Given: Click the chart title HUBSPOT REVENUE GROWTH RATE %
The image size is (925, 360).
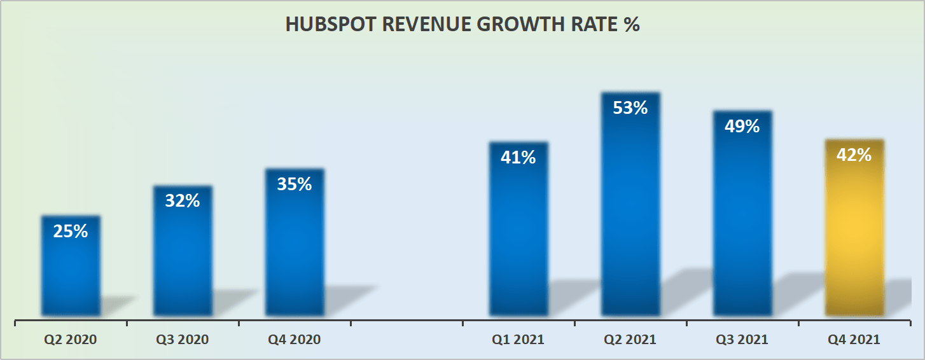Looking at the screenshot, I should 462,24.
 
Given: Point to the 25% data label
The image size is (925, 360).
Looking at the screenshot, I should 71,232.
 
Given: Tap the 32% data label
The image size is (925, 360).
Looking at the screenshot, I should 183,201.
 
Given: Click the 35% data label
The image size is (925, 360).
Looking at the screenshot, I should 295,184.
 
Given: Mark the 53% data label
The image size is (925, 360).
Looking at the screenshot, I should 630,108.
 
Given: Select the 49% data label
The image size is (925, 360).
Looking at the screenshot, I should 742,127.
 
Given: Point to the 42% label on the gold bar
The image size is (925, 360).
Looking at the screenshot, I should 854,155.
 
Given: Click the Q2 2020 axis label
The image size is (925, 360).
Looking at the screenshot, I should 71,340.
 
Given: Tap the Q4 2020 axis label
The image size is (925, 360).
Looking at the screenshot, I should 295,340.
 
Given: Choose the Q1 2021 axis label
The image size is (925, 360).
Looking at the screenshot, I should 518,340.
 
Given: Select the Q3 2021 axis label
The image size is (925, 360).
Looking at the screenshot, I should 742,340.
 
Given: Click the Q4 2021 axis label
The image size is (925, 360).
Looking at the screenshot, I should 854,340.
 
